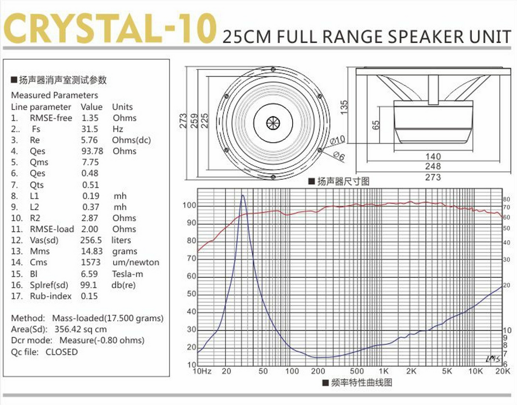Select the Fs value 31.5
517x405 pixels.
click(89, 129)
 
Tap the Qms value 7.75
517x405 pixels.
click(90, 162)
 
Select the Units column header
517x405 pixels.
click(122, 107)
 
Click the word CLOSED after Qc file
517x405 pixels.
click(61, 352)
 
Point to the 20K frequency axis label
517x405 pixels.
click(501, 372)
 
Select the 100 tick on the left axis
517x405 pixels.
click(190, 205)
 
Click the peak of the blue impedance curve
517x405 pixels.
click(243, 196)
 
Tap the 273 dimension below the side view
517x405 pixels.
click(433, 177)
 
